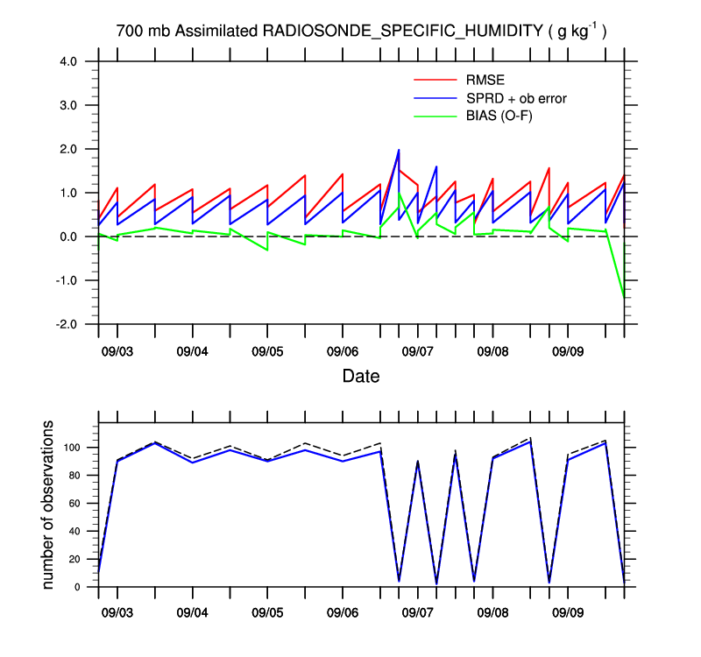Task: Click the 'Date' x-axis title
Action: tap(361, 377)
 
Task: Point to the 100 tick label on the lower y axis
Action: tap(71, 448)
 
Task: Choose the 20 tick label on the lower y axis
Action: tap(74, 559)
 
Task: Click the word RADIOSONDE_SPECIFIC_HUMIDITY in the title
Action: tap(402, 32)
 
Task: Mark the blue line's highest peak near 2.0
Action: tap(399, 150)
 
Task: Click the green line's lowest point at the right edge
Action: tap(624, 298)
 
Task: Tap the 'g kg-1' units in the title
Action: tap(577, 32)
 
